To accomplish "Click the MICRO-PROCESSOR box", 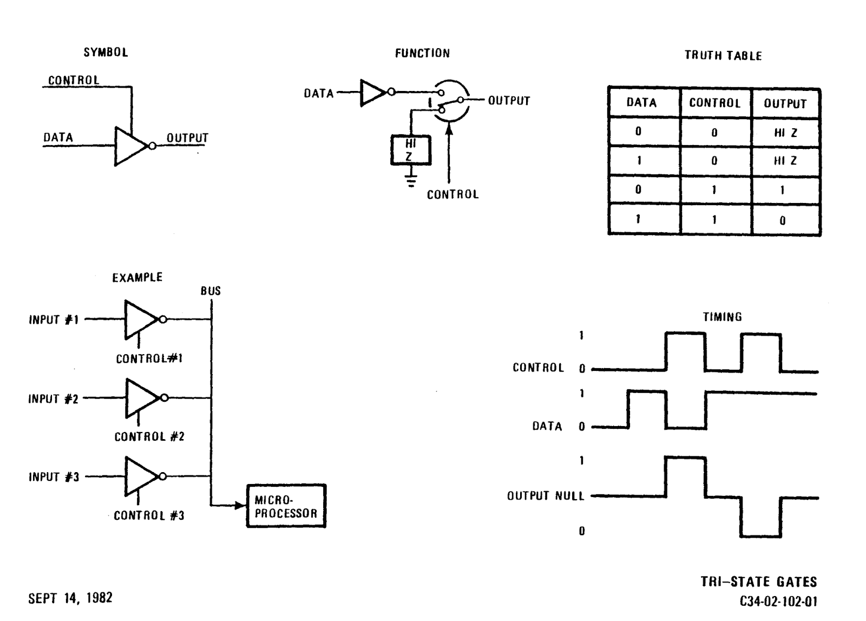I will pyautogui.click(x=286, y=506).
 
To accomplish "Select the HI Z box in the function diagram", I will pyautogui.click(x=411, y=150).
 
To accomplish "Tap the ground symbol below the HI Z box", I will pyautogui.click(x=411, y=180).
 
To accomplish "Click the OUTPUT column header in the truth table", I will pyautogui.click(x=785, y=103).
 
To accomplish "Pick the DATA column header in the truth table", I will pyautogui.click(x=641, y=102).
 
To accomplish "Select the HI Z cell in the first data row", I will pyautogui.click(x=785, y=133).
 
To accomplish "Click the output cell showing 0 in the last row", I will pyautogui.click(x=783, y=220).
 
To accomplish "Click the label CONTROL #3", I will pyautogui.click(x=149, y=515).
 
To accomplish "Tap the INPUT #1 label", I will pyautogui.click(x=54, y=320).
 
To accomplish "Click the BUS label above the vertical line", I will pyautogui.click(x=211, y=291).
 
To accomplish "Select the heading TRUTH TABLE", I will pyautogui.click(x=723, y=56).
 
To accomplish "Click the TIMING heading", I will pyautogui.click(x=722, y=317).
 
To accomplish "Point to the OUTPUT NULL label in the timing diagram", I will pyautogui.click(x=545, y=496).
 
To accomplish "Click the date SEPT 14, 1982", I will pyautogui.click(x=70, y=598).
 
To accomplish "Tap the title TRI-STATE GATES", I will pyautogui.click(x=758, y=582).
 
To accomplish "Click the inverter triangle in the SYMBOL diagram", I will pyautogui.click(x=129, y=146).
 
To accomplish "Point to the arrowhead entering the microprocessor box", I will pyautogui.click(x=240, y=506).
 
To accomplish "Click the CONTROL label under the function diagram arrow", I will pyautogui.click(x=452, y=194).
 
